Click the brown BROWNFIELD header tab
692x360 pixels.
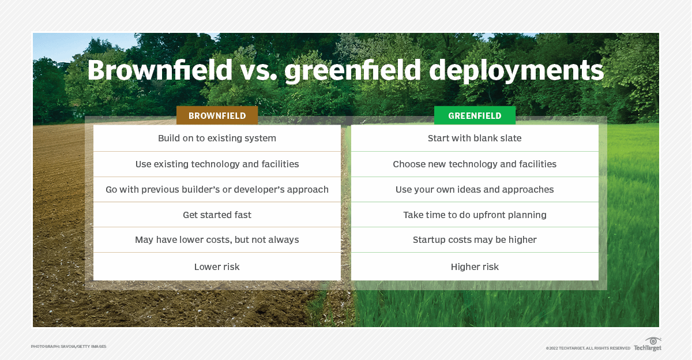click(x=217, y=115)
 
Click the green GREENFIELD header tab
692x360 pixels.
click(x=475, y=115)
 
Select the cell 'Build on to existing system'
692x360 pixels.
click(x=217, y=138)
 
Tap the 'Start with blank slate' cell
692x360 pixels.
click(x=475, y=138)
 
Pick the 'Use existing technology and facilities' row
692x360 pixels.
click(x=217, y=164)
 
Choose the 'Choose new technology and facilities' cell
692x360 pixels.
click(x=475, y=164)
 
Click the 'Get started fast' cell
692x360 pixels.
click(x=217, y=215)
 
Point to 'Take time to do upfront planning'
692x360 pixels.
click(x=475, y=215)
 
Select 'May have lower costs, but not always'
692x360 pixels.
click(x=217, y=239)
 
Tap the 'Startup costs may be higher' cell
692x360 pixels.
click(x=475, y=239)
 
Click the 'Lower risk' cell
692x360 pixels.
click(x=217, y=267)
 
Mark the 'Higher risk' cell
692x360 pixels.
click(x=475, y=267)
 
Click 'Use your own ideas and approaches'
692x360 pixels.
click(x=475, y=189)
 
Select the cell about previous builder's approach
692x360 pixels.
click(x=217, y=189)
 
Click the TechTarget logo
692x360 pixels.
click(x=648, y=344)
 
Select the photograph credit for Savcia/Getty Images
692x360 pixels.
click(x=69, y=346)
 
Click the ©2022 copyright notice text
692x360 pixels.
click(x=588, y=348)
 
